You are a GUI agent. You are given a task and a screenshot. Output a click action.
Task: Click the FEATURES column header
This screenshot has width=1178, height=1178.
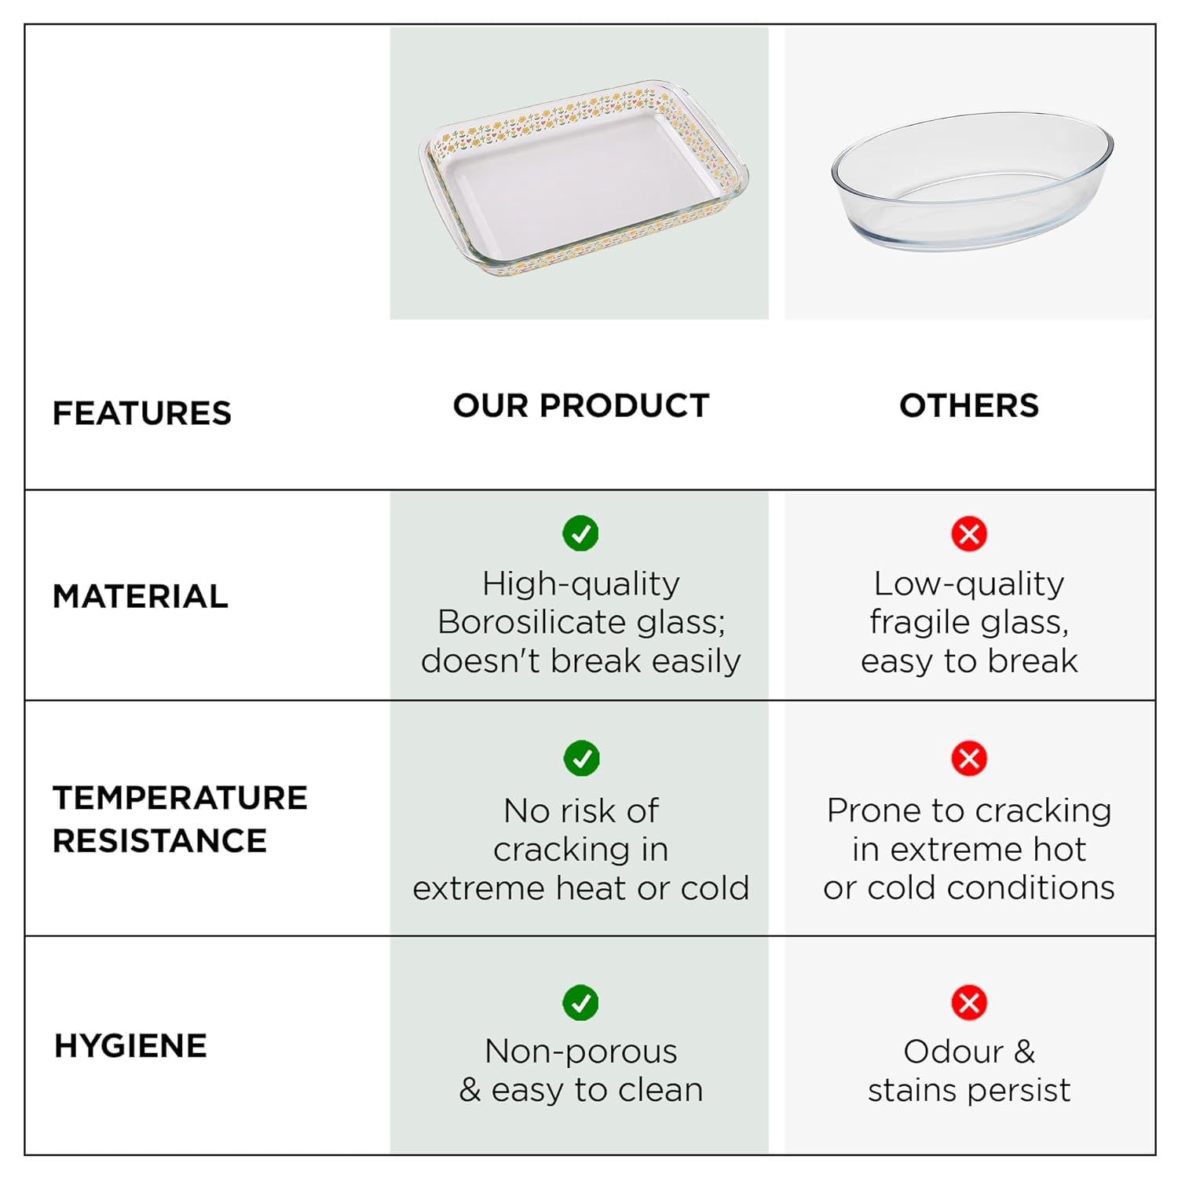(142, 413)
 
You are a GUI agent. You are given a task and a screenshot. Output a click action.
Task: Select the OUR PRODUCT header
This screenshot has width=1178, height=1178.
(581, 405)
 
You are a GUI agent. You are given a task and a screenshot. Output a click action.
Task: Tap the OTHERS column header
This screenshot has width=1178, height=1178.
(969, 405)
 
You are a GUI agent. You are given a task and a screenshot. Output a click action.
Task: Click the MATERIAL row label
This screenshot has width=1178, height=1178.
(141, 596)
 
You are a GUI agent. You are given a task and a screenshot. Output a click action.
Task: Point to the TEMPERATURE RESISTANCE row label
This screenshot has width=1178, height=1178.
(180, 819)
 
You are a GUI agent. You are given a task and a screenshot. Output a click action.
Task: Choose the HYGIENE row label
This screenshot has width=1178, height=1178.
(130, 1046)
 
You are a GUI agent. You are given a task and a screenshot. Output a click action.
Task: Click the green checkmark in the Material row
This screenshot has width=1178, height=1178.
(581, 534)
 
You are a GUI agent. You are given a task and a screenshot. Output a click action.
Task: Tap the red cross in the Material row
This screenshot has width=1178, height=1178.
(969, 534)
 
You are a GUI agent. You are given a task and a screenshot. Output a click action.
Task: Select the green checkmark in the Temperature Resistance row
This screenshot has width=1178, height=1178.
(581, 758)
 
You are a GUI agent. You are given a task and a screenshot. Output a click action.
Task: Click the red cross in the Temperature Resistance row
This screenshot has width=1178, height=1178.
(969, 758)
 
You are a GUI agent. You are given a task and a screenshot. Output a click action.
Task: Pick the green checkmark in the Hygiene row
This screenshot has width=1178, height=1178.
(581, 1003)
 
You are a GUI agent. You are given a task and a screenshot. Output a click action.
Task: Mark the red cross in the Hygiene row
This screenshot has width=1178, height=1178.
(969, 1003)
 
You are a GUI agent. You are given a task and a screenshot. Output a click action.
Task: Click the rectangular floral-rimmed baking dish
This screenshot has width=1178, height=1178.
(583, 177)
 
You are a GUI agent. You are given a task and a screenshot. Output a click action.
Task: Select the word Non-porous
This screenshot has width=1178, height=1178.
(581, 1052)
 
